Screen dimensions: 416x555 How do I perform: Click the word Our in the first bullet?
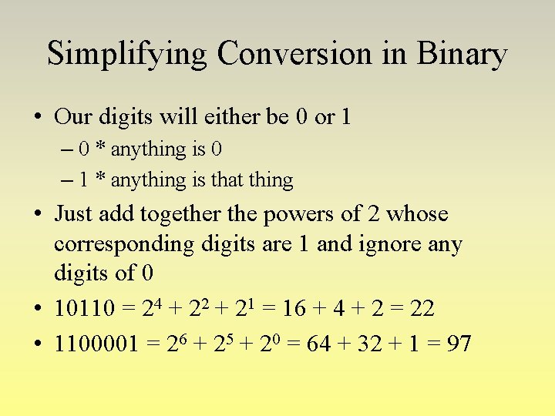pos(73,117)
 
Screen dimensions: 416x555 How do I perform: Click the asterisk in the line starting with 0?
pos(100,148)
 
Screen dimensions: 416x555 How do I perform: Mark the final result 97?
pos(459,343)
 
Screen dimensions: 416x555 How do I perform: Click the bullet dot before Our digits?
pos(37,118)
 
